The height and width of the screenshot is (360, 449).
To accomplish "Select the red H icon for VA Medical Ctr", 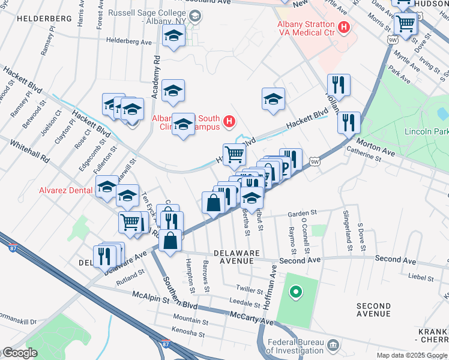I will [344, 26].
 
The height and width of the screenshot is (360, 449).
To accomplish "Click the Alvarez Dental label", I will [64, 190].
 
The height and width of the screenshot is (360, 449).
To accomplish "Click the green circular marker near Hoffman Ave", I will [295, 293].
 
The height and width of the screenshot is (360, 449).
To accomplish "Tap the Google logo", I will [19, 353].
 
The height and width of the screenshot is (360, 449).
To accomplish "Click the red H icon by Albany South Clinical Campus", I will [229, 122].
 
